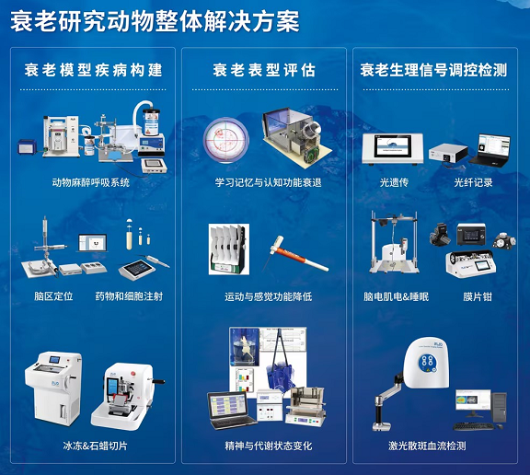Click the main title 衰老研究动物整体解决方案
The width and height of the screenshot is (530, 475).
155,21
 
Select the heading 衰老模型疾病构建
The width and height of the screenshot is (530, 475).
93,70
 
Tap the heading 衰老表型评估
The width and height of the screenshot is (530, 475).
264,70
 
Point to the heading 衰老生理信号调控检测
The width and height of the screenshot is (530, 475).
433,70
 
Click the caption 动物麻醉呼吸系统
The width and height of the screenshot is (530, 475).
90,182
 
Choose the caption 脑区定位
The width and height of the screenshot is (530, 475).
53,296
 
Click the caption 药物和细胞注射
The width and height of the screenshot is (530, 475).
129,296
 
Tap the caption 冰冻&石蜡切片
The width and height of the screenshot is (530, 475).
95,446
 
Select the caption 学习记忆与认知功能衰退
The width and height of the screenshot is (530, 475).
268,182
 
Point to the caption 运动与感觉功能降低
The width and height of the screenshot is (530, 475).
268,296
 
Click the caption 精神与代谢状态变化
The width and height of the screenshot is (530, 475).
269,446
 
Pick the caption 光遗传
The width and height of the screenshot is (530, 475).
394,182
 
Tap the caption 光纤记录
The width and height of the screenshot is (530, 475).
473,182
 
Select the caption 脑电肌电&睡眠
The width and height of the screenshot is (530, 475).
397,296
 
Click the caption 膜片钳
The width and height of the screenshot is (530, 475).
478,296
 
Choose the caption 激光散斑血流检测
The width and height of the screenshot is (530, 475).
427,446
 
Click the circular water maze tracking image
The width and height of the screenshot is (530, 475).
225,140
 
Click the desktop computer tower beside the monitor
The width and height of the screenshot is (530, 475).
500,408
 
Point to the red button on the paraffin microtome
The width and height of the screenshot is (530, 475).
132,374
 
